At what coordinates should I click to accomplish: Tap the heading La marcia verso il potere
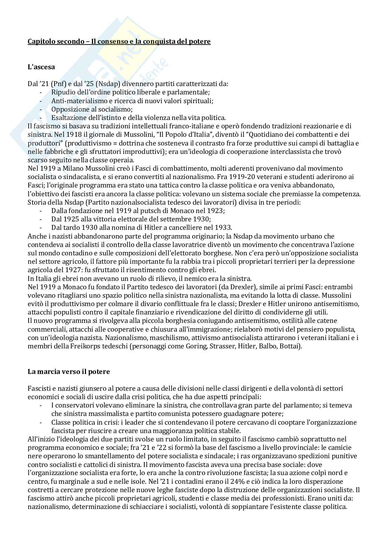tap(68, 371)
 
